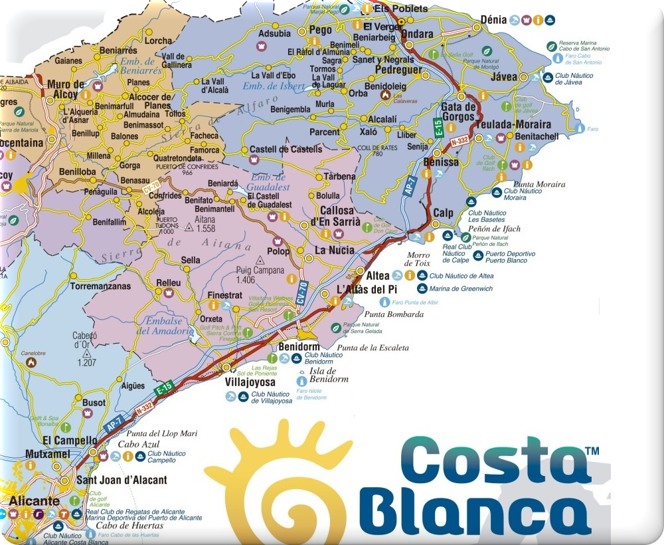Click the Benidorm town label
299,347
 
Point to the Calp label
442,213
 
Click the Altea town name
378,275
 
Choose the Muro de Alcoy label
66,89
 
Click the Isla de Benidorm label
328,376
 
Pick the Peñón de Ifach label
494,229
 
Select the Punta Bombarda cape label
394,314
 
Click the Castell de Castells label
285,150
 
